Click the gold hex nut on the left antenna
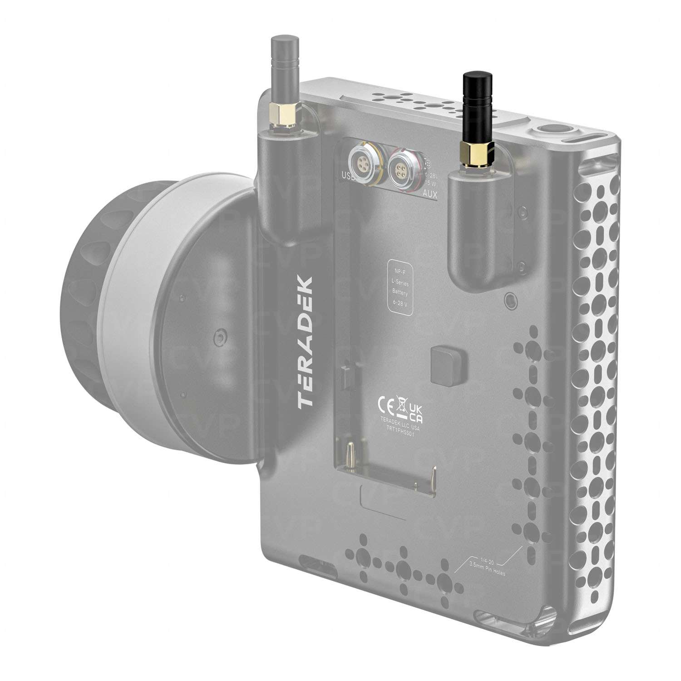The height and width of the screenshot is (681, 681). [282, 115]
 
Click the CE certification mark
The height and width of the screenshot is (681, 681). [384, 404]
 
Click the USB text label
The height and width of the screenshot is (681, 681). [349, 174]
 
